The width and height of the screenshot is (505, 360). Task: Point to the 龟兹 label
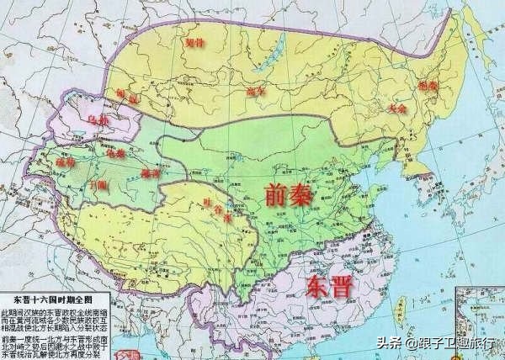(114, 154)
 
